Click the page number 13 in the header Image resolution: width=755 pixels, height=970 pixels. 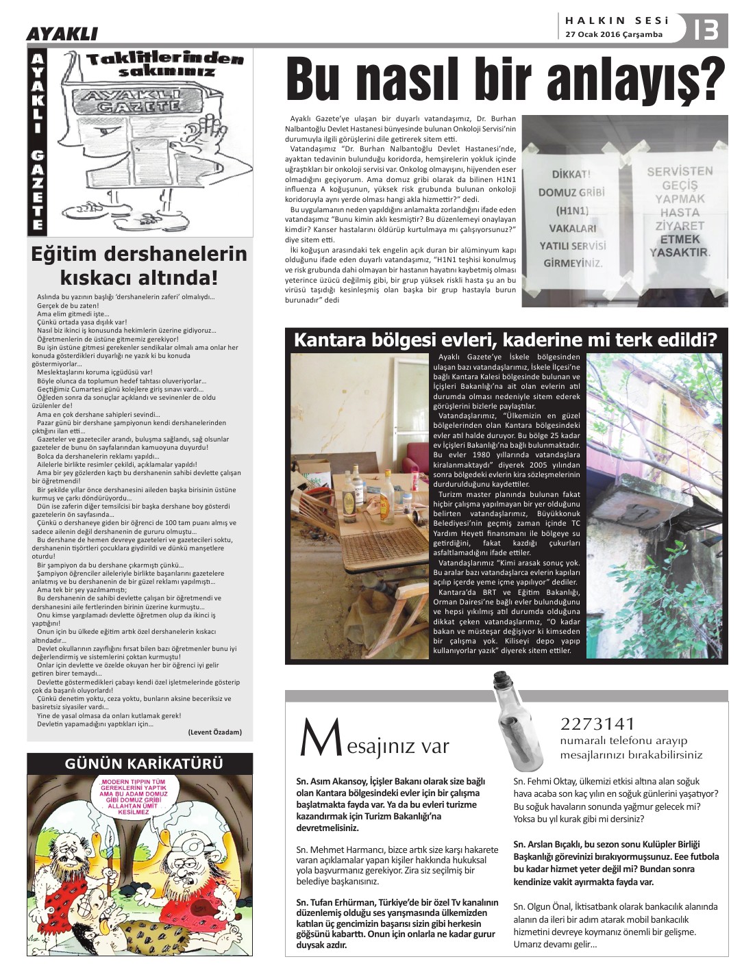705,29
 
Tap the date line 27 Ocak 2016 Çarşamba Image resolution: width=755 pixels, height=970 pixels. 614,35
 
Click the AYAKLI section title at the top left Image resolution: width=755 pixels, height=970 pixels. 62,34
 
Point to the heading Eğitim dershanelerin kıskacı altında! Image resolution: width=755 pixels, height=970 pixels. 139,266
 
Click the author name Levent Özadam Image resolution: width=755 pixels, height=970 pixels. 214,732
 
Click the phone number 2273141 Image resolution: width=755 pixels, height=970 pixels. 598,724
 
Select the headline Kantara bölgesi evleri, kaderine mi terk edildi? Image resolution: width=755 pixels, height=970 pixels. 506,340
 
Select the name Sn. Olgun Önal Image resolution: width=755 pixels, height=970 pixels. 546,906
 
